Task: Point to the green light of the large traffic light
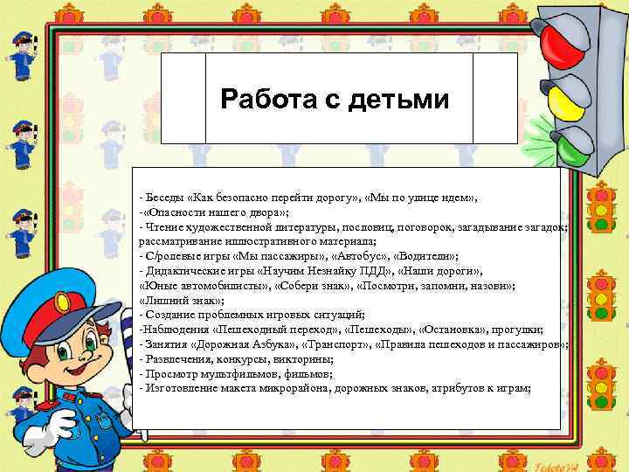point(571,146)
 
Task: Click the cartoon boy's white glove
point(59,425)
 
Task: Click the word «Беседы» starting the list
point(164,197)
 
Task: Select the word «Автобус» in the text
point(362,255)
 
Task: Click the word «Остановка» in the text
point(454,329)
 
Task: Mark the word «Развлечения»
point(180,358)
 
